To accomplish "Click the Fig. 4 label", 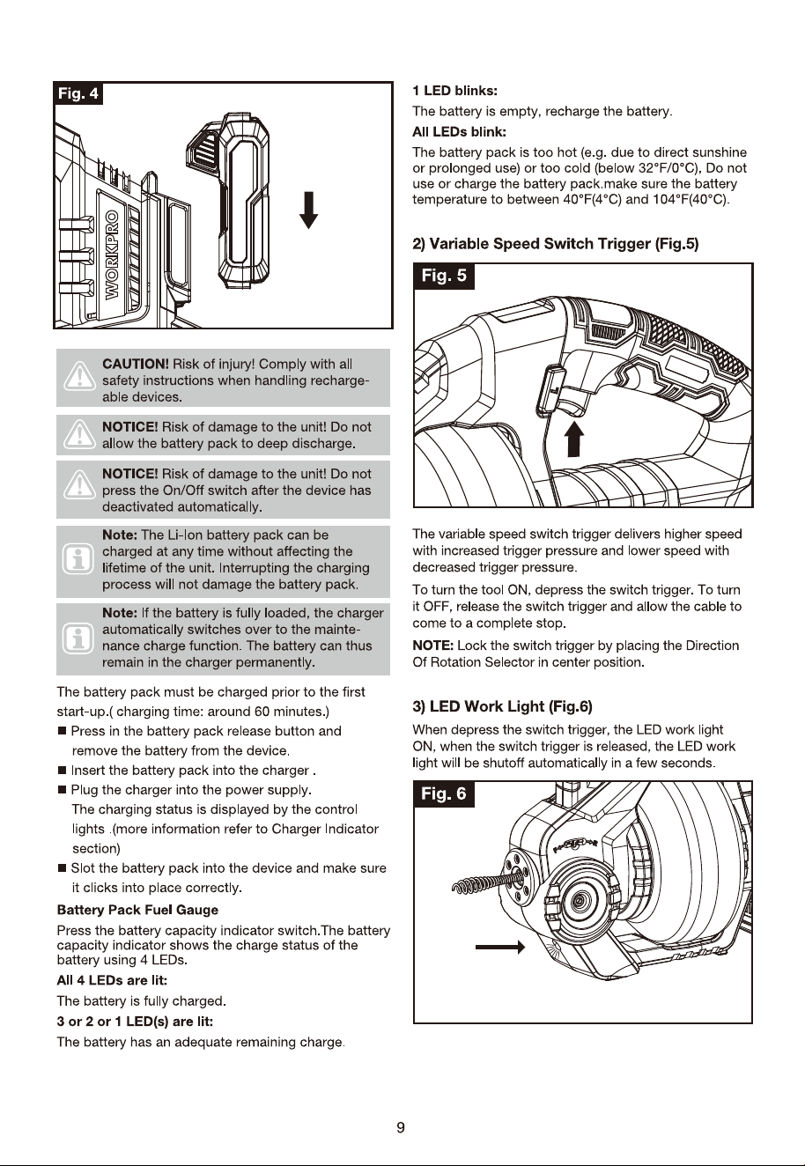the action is [x=78, y=93].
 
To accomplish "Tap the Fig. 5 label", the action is [x=444, y=276].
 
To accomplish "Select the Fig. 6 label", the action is [x=444, y=793].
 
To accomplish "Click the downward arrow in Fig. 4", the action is [x=309, y=210].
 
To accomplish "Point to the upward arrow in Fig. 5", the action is [x=573, y=439].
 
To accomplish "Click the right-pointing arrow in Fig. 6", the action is [x=500, y=947].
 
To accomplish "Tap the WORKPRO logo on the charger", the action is [x=112, y=255].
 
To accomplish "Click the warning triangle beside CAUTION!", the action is [x=79, y=376].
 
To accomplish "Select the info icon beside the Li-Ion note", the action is [x=78, y=559].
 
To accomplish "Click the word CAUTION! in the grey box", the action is [x=136, y=364].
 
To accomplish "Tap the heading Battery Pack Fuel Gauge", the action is [x=137, y=910].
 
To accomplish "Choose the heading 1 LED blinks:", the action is [x=454, y=91].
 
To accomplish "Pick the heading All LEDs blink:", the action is [x=459, y=132].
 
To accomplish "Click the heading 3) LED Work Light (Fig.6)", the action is [x=503, y=706].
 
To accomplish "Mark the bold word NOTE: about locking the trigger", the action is [x=433, y=646].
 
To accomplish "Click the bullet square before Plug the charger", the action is [x=62, y=790].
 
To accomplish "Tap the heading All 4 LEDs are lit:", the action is [x=112, y=981].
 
